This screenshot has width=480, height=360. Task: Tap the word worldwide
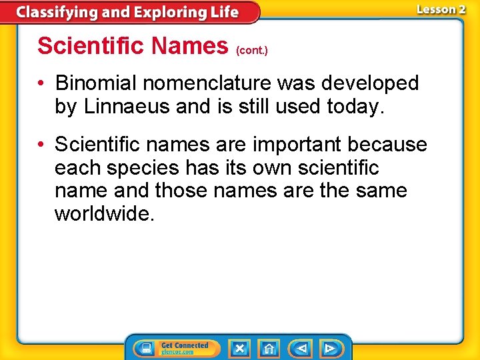pos(105,214)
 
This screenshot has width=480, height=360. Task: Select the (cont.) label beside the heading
pos(252,51)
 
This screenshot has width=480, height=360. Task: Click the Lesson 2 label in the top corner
pos(441,9)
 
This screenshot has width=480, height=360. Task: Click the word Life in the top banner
pos(225,12)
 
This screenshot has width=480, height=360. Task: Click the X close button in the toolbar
pos(240,349)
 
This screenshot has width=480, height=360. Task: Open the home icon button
pos(269,349)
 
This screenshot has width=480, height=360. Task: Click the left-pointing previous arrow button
pos(301,349)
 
